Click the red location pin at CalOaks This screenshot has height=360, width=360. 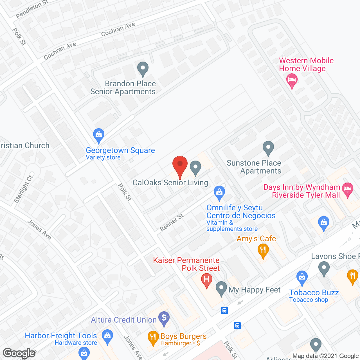pyautogui.click(x=180, y=165)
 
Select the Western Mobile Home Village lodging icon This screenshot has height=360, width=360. pyautogui.click(x=292, y=80)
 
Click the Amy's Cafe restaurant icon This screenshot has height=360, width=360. pyautogui.click(x=263, y=250)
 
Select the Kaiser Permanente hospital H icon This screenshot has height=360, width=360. pyautogui.click(x=207, y=280)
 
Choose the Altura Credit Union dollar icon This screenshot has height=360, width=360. pyautogui.click(x=164, y=319)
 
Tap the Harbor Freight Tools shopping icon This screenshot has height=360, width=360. pyautogui.click(x=107, y=336)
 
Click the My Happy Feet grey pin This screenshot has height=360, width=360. pyautogui.click(x=221, y=288)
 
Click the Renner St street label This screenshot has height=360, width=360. pyautogui.click(x=172, y=222)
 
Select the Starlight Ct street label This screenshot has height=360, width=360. pyautogui.click(x=24, y=189)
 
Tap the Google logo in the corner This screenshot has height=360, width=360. pyautogui.click(x=19, y=353)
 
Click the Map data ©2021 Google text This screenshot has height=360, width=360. pyautogui.click(x=325, y=356)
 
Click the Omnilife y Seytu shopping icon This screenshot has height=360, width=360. pyautogui.click(x=219, y=193)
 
